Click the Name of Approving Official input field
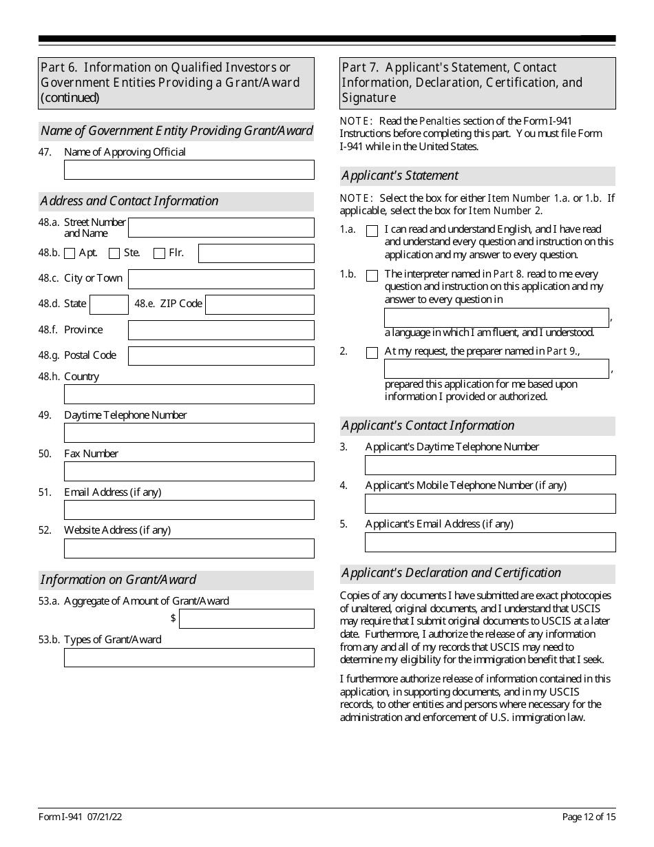pos(189,170)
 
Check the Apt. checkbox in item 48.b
pos(70,253)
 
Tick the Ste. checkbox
pos(114,253)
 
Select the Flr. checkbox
pos(159,253)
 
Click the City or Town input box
pos(221,279)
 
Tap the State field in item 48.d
pos(109,304)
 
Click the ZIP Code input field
pos(260,304)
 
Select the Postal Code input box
pos(221,356)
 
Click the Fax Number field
pos(189,472)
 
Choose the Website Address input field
pos(189,548)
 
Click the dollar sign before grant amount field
pos(173,618)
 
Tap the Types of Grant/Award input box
pos(189,658)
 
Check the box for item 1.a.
pos(372,231)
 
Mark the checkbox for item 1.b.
pos(372,276)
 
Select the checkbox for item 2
pos(372,353)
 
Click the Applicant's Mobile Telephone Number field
pos(489,504)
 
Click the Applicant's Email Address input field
pos(489,543)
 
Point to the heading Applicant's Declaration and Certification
pos(452,573)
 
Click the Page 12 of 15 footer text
pos(589,817)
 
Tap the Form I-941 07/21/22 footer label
pos(81,817)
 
